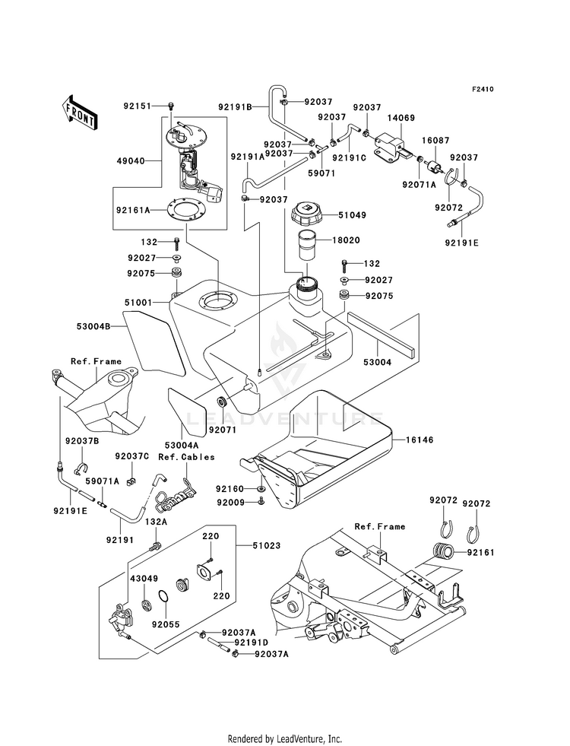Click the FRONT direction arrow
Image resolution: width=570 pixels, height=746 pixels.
tap(79, 113)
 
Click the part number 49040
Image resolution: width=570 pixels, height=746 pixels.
tap(130, 160)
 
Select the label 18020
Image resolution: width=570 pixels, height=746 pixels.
tap(346, 240)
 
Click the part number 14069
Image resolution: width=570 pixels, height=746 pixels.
tap(401, 118)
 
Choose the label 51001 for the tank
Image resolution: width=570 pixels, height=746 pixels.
tap(138, 303)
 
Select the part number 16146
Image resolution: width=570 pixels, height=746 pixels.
tap(420, 440)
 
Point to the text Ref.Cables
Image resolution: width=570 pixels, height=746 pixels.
tap(186, 457)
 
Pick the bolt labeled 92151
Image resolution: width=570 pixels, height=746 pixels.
tap(171, 106)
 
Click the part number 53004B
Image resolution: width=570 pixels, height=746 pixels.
tap(93, 326)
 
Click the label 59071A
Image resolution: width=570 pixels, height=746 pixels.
tap(103, 481)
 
